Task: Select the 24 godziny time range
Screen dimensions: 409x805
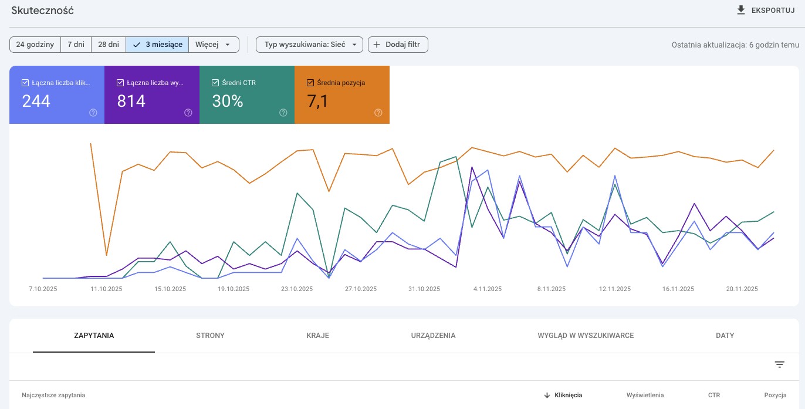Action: pyautogui.click(x=35, y=45)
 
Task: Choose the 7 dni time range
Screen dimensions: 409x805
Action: pyautogui.click(x=76, y=45)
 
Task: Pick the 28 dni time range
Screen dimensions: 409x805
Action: pyautogui.click(x=109, y=45)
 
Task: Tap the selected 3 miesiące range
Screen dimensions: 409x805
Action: pyautogui.click(x=157, y=45)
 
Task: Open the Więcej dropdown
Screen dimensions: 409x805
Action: pyautogui.click(x=214, y=45)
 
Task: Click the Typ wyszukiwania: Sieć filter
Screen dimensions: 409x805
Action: pyautogui.click(x=309, y=45)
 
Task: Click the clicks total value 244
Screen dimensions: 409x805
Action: pyautogui.click(x=36, y=102)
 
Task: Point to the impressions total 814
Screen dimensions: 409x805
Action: pyautogui.click(x=131, y=102)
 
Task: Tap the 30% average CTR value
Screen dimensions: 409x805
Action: pyautogui.click(x=228, y=102)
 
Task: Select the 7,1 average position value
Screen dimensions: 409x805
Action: pyautogui.click(x=317, y=102)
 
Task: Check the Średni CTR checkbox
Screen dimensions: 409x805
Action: pyautogui.click(x=215, y=83)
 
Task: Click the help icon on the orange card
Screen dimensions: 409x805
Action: pyautogui.click(x=378, y=113)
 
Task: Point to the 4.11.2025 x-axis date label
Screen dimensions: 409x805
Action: pyautogui.click(x=487, y=289)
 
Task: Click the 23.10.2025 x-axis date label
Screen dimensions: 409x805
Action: pyautogui.click(x=297, y=289)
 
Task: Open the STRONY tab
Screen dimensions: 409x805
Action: pyautogui.click(x=210, y=336)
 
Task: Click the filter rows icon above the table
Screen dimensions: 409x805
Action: pyautogui.click(x=779, y=364)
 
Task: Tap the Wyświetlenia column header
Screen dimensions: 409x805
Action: pyautogui.click(x=645, y=395)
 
